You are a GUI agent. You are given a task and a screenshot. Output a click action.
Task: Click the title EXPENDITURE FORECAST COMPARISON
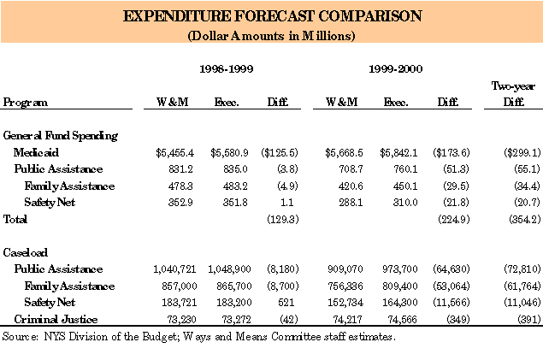[270, 17]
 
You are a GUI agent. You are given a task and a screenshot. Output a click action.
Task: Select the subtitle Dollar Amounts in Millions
[270, 36]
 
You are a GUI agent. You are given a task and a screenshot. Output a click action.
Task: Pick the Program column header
[26, 103]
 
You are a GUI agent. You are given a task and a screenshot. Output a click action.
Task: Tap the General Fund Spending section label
[60, 135]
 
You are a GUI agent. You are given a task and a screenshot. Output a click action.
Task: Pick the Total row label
[16, 219]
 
